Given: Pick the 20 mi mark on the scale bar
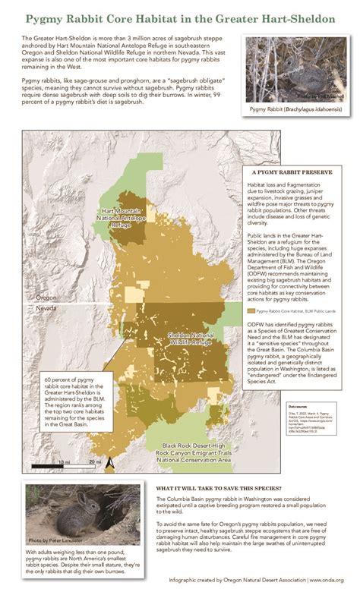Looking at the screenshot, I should tap(93, 461).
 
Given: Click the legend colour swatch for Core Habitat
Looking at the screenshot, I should tap(251, 310).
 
